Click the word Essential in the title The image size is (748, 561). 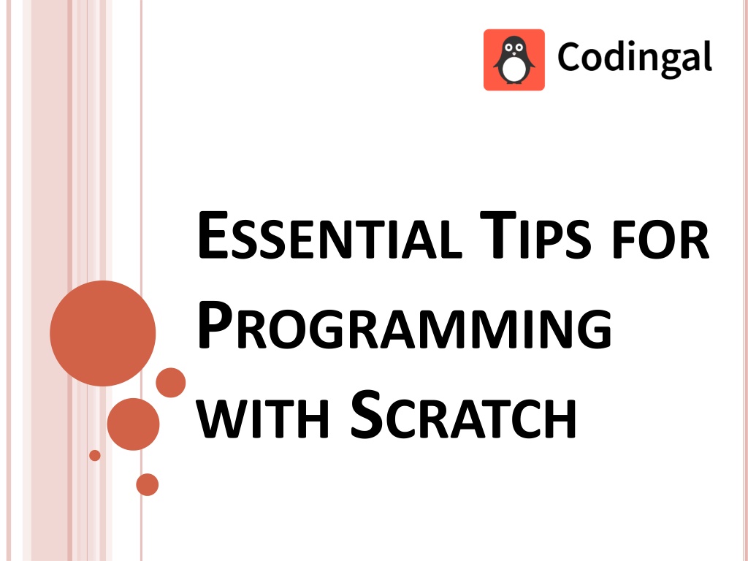[x=328, y=238]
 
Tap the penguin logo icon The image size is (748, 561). [x=514, y=60]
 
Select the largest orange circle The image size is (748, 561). [x=103, y=333]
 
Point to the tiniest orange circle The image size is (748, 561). [x=94, y=455]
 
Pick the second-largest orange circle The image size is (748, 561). [x=133, y=424]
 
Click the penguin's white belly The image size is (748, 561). [x=514, y=70]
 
